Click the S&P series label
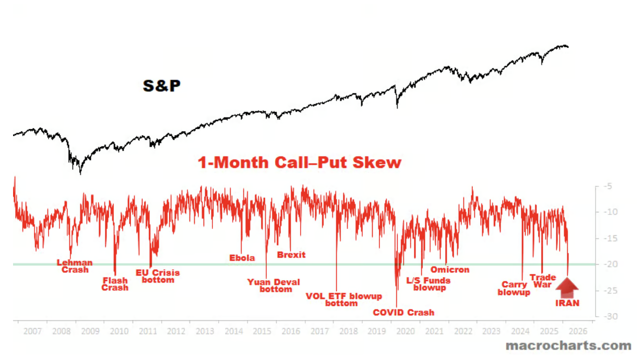coord(162,86)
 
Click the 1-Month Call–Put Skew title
coord(300,162)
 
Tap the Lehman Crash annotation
coord(75,266)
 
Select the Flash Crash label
coord(115,284)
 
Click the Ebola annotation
coord(242,258)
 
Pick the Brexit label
coord(291,255)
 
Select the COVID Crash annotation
coord(403,313)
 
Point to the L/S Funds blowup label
coord(429,284)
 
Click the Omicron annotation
coord(449,270)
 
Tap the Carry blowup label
coord(514,289)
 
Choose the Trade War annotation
coord(542,281)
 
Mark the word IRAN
coord(567,303)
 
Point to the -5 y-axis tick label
coord(608,186)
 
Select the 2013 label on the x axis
coord(204,331)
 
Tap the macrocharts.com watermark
coord(568,345)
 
